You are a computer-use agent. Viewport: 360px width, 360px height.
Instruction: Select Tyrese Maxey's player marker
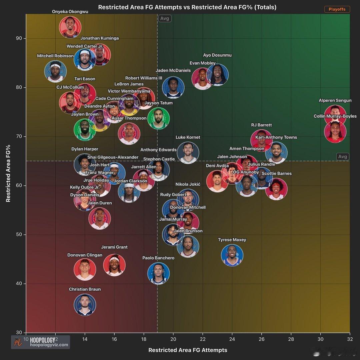pos(232,255)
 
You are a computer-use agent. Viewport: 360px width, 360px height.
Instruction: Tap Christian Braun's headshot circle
pos(85,305)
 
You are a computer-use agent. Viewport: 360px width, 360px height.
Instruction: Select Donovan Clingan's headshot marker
pos(85,269)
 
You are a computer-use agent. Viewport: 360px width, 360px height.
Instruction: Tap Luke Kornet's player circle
pos(188,153)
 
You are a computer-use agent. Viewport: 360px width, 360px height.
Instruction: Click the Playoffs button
pos(337,9)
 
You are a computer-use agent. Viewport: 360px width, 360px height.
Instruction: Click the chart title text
pos(187,7)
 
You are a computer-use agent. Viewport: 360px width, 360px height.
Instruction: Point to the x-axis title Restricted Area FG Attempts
pos(188,350)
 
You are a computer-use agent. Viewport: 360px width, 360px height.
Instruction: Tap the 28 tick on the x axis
pos(291,339)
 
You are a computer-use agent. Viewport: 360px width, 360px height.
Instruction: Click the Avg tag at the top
pos(165,19)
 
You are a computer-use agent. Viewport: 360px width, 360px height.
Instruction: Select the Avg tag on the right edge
pos(342,157)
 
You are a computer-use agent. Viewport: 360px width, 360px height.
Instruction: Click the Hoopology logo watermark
pos(40,342)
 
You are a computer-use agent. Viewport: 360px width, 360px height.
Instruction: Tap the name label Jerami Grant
pos(114,247)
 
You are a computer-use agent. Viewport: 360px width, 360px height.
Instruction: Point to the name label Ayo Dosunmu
pos(217,55)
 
